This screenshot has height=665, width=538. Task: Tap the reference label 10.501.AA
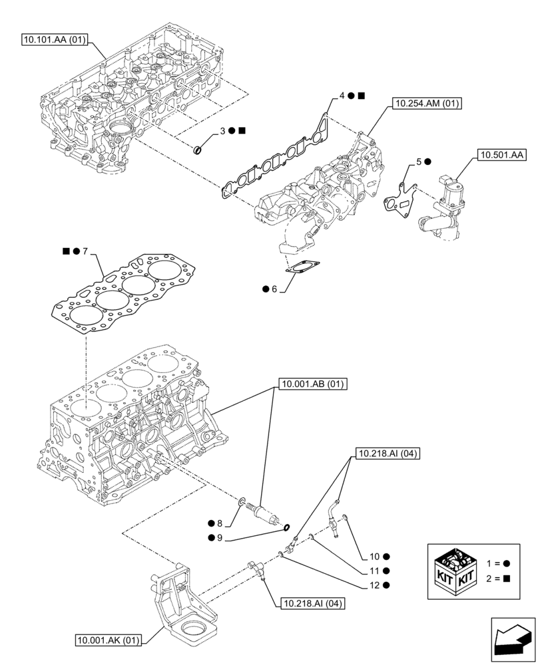click(x=501, y=156)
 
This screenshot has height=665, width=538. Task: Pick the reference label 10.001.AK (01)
click(x=109, y=641)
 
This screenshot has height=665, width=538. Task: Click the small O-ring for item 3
click(x=198, y=149)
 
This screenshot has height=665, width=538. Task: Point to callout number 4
click(x=342, y=96)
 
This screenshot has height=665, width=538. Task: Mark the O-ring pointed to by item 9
click(x=286, y=529)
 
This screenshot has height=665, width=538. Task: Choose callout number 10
click(x=376, y=556)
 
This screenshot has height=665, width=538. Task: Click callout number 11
click(x=376, y=571)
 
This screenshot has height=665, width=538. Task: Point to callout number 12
click(x=376, y=585)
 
